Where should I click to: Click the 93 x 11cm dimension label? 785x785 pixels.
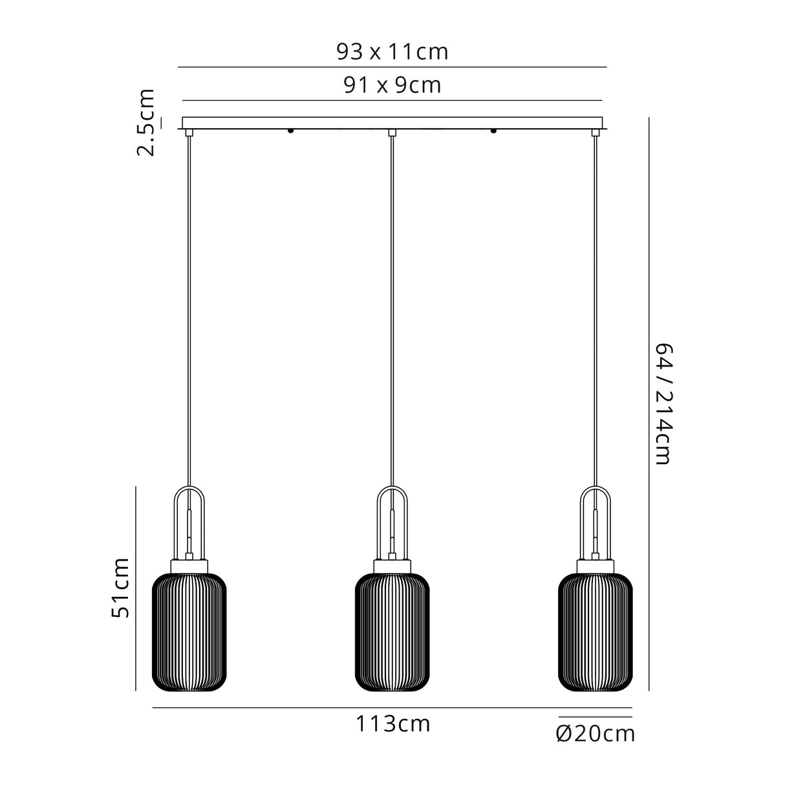tap(392, 52)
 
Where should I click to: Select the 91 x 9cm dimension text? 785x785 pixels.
tap(392, 85)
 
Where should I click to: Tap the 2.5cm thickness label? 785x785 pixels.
tap(146, 123)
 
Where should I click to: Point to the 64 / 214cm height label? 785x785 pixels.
tap(663, 404)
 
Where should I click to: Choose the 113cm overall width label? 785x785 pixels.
tap(392, 724)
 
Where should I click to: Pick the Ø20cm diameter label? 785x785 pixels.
tap(595, 733)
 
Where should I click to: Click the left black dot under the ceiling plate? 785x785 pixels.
tap(290, 131)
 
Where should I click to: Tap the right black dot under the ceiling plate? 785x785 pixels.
tap(493, 131)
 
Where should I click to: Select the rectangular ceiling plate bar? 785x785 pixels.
tap(392, 123)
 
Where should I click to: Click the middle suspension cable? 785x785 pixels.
tap(392, 310)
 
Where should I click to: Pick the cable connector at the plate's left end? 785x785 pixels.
tap(189, 133)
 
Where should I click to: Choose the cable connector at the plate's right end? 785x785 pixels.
tap(595, 133)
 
